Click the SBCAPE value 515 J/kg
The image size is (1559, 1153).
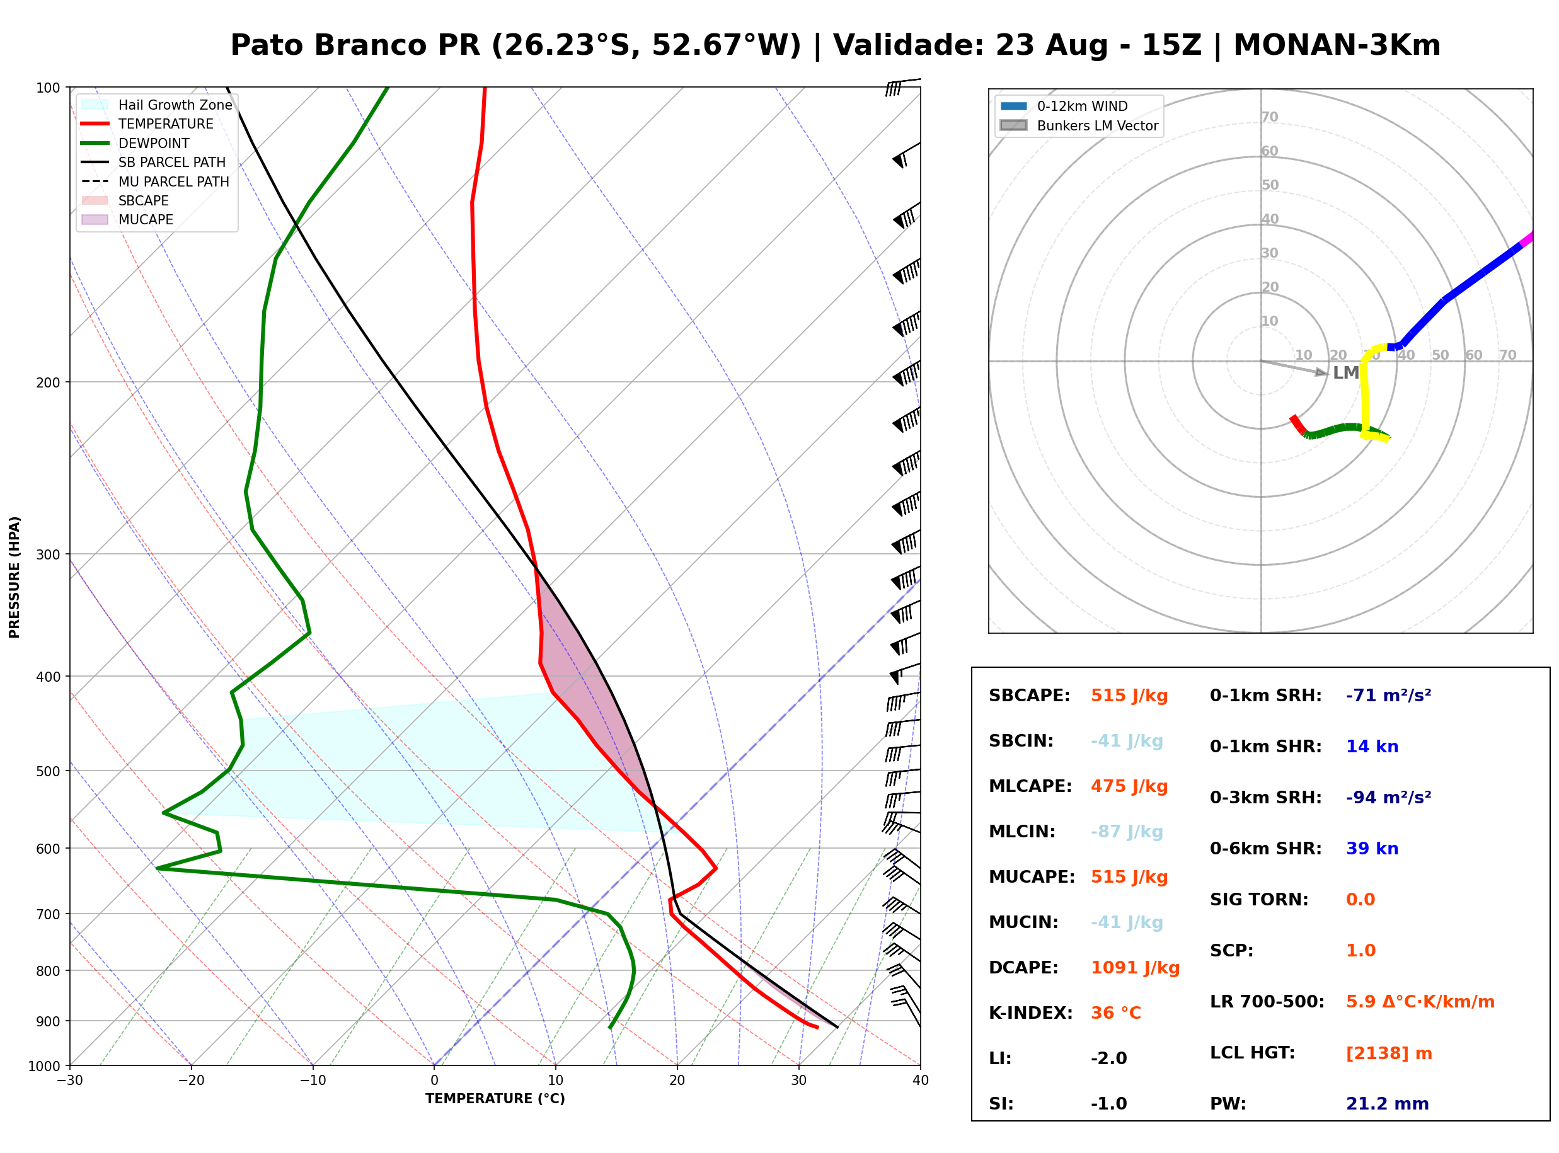(1129, 696)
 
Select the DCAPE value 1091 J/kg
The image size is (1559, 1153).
(1135, 968)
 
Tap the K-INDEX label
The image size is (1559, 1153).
(1031, 1013)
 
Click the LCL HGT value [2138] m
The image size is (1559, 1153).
(1389, 1053)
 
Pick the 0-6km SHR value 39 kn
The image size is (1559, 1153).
(1372, 849)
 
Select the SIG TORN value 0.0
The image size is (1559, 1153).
(1360, 900)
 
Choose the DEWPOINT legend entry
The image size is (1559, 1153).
(135, 143)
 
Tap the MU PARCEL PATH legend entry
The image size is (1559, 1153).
(155, 181)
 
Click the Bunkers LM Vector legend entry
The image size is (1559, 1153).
(1079, 125)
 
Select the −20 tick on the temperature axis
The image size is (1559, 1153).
(190, 1081)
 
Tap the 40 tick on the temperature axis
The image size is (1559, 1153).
(921, 1081)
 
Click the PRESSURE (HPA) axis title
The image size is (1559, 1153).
(14, 577)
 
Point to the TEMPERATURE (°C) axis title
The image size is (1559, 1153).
(495, 1099)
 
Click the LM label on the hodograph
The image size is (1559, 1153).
(1345, 373)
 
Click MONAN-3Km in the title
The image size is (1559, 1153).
(1337, 45)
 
